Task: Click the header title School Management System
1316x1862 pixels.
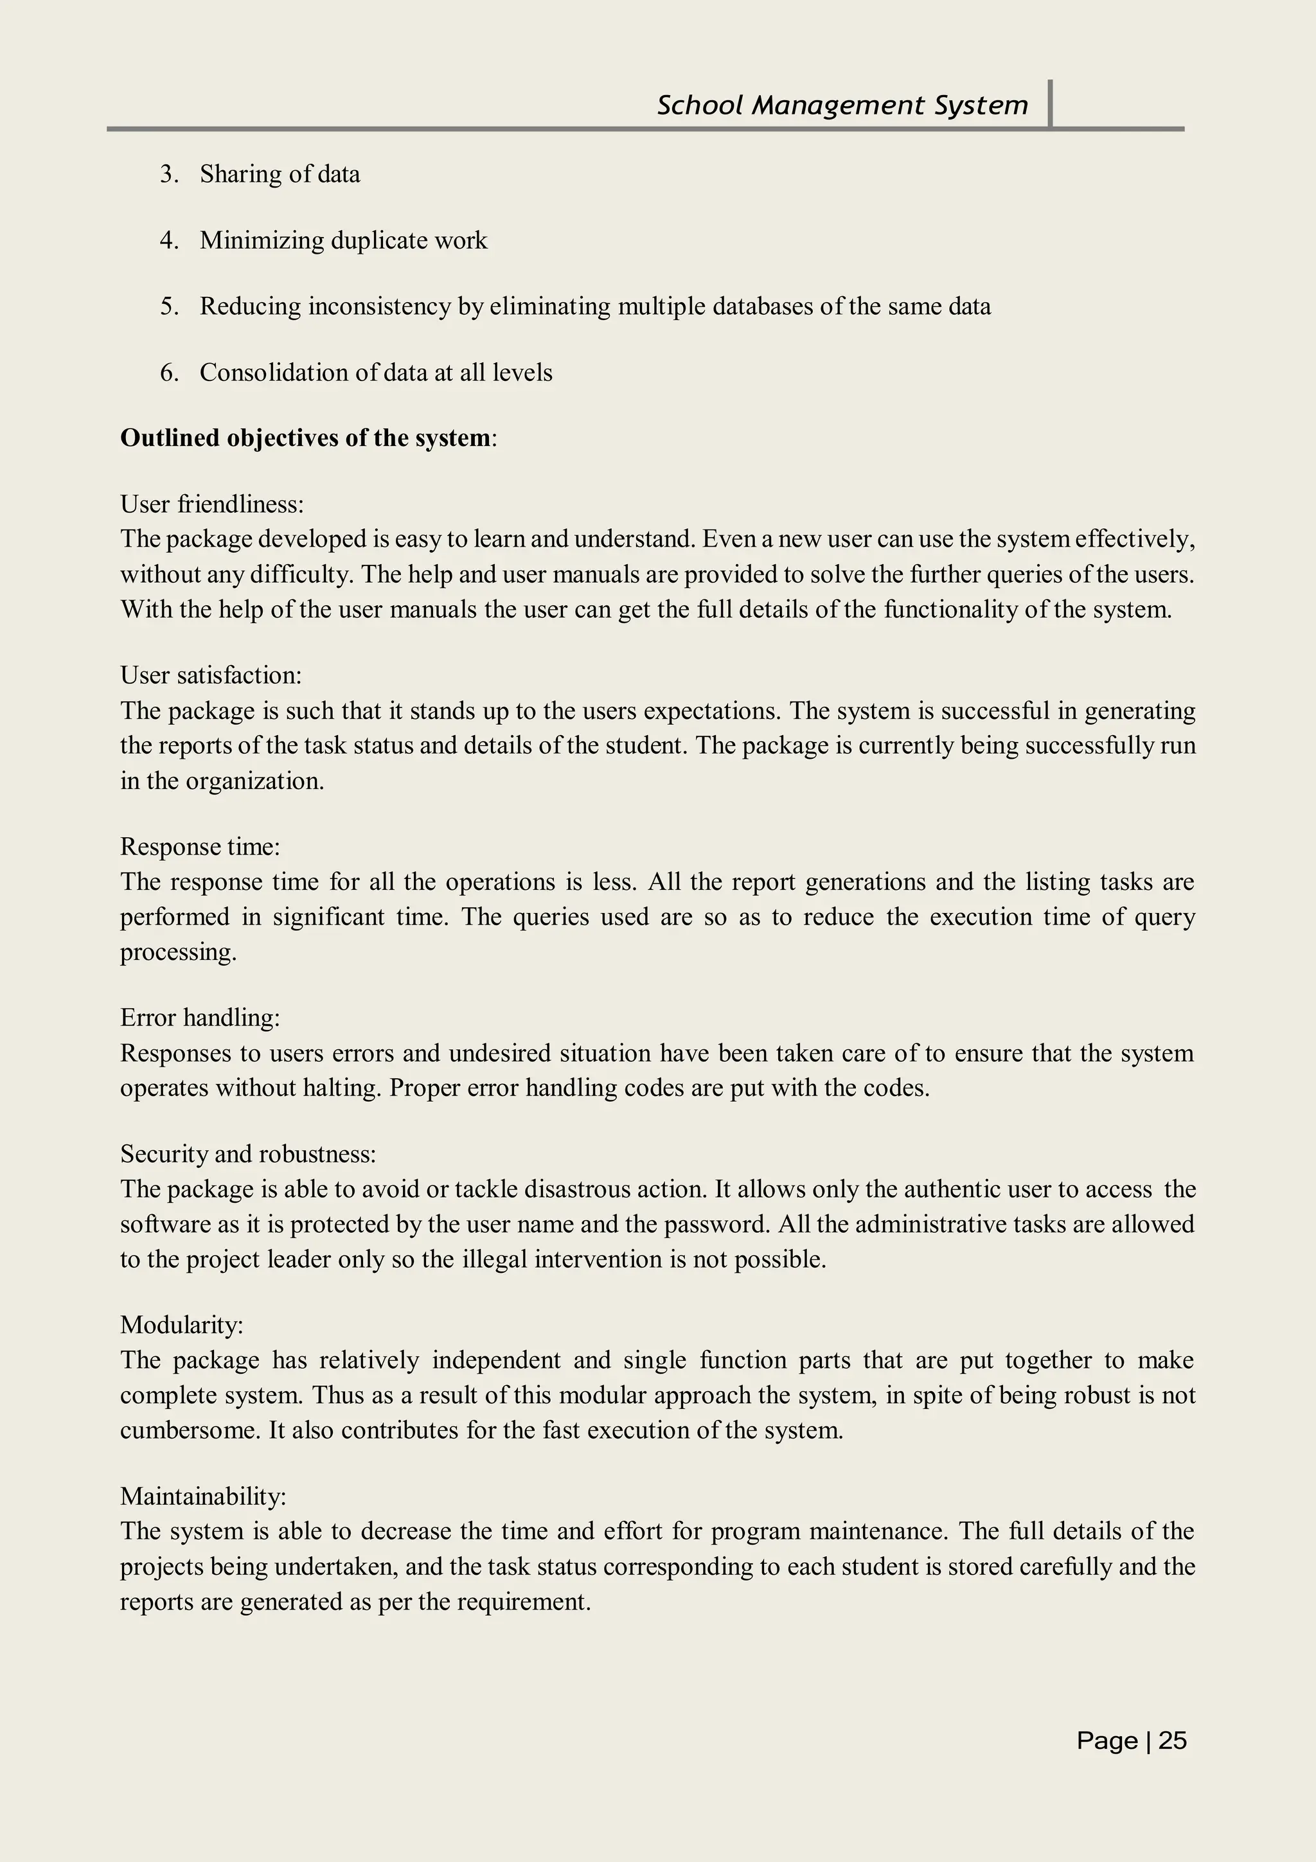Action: pyautogui.click(x=842, y=105)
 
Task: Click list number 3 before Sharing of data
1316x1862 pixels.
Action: pyautogui.click(x=168, y=174)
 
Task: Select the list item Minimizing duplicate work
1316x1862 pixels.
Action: pyautogui.click(x=343, y=241)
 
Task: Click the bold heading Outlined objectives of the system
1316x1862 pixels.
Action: pyautogui.click(x=305, y=438)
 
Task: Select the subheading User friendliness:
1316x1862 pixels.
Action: pyautogui.click(x=211, y=504)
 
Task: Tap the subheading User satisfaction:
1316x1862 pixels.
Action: pyautogui.click(x=211, y=675)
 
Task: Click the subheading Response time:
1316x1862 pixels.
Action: pyautogui.click(x=199, y=847)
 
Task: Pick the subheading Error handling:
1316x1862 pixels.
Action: pyautogui.click(x=199, y=1017)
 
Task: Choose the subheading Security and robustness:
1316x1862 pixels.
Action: pyautogui.click(x=248, y=1153)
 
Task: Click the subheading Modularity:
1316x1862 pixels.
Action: pyautogui.click(x=182, y=1324)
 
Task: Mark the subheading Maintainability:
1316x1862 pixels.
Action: pyautogui.click(x=202, y=1495)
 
